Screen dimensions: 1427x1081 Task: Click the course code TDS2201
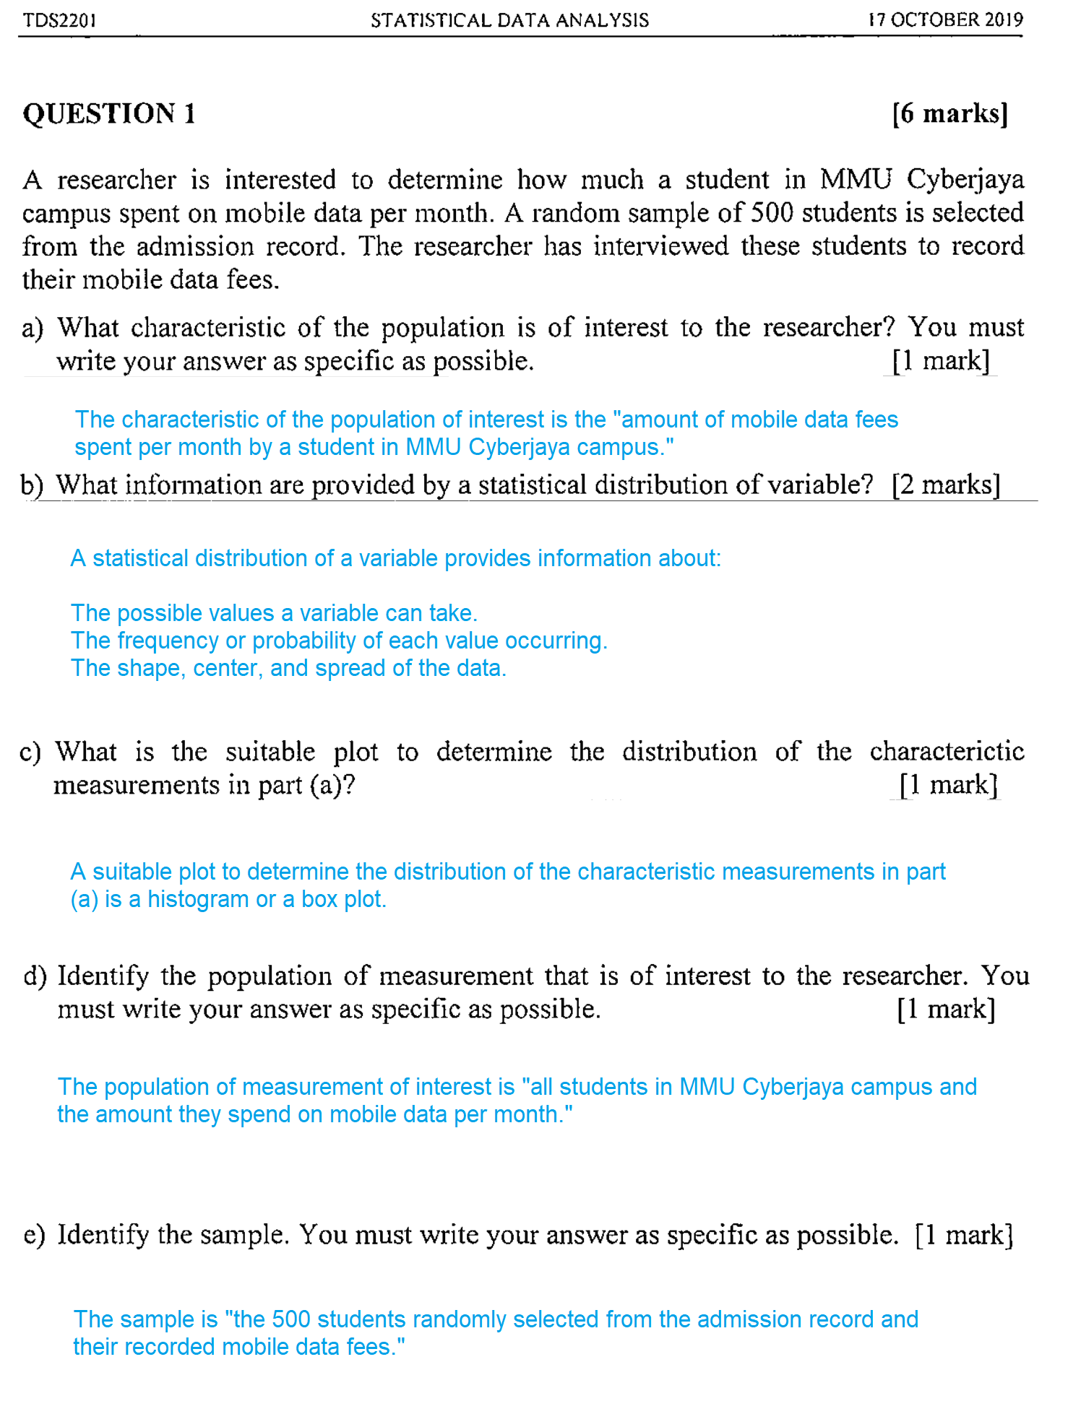59,20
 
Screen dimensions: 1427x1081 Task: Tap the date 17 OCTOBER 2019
945,19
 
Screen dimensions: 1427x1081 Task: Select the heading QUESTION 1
109,114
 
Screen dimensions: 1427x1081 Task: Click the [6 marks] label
949,113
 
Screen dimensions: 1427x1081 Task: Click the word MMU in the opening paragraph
856,179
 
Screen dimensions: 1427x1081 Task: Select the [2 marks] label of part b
946,485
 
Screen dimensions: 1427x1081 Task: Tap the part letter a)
33,328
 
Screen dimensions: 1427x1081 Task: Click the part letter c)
30,752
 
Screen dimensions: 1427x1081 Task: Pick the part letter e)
34,1235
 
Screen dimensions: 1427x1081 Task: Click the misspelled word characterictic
947,752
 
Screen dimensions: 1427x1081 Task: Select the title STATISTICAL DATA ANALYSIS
509,20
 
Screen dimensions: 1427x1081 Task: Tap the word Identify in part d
103,976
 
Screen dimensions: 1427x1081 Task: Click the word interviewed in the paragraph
661,246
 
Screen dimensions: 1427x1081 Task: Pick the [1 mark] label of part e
964,1235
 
